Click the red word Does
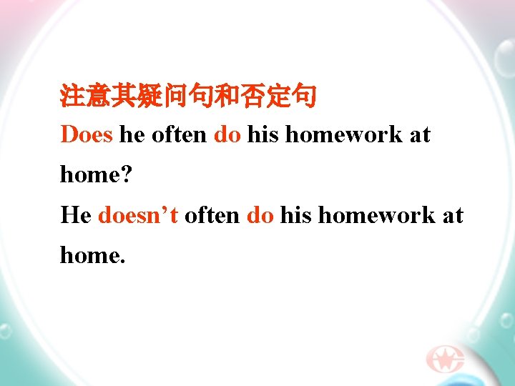(87, 134)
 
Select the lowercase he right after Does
(132, 134)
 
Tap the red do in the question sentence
(227, 134)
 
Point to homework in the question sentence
(343, 134)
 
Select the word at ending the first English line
(420, 134)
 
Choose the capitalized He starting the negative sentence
(75, 214)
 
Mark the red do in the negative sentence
(260, 214)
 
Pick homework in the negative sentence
(376, 214)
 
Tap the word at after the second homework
(453, 214)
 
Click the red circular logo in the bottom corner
(445, 360)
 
